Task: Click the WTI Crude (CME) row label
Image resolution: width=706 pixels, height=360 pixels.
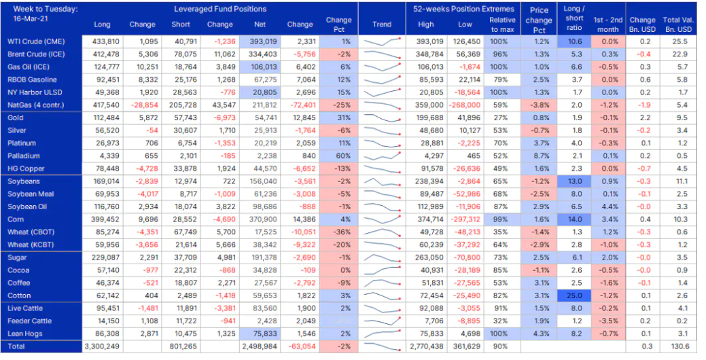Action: (x=36, y=41)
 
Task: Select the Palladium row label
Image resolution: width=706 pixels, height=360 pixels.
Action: (x=23, y=156)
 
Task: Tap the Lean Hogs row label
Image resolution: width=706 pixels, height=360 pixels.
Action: (x=24, y=334)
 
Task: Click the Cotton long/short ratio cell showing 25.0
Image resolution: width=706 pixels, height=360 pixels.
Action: (x=574, y=295)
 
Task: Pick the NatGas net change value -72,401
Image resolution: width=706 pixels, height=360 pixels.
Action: (x=301, y=105)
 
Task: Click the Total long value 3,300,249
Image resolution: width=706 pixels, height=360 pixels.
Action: (x=102, y=346)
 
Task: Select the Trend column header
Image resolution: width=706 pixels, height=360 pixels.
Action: (x=382, y=24)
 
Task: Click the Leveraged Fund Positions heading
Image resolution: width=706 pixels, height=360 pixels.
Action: (x=220, y=9)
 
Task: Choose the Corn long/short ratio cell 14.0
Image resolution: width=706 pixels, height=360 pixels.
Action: (x=574, y=219)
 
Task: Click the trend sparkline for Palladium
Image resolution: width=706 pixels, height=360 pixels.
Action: (x=382, y=156)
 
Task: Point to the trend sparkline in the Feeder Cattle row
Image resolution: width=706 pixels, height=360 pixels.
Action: (x=382, y=321)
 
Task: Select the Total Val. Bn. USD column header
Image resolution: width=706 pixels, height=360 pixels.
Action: (x=677, y=24)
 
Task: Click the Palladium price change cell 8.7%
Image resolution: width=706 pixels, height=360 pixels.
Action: (x=540, y=156)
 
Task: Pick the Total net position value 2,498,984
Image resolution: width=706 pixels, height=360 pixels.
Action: (x=260, y=346)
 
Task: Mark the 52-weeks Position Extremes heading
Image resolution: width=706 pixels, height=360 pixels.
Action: (x=463, y=9)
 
